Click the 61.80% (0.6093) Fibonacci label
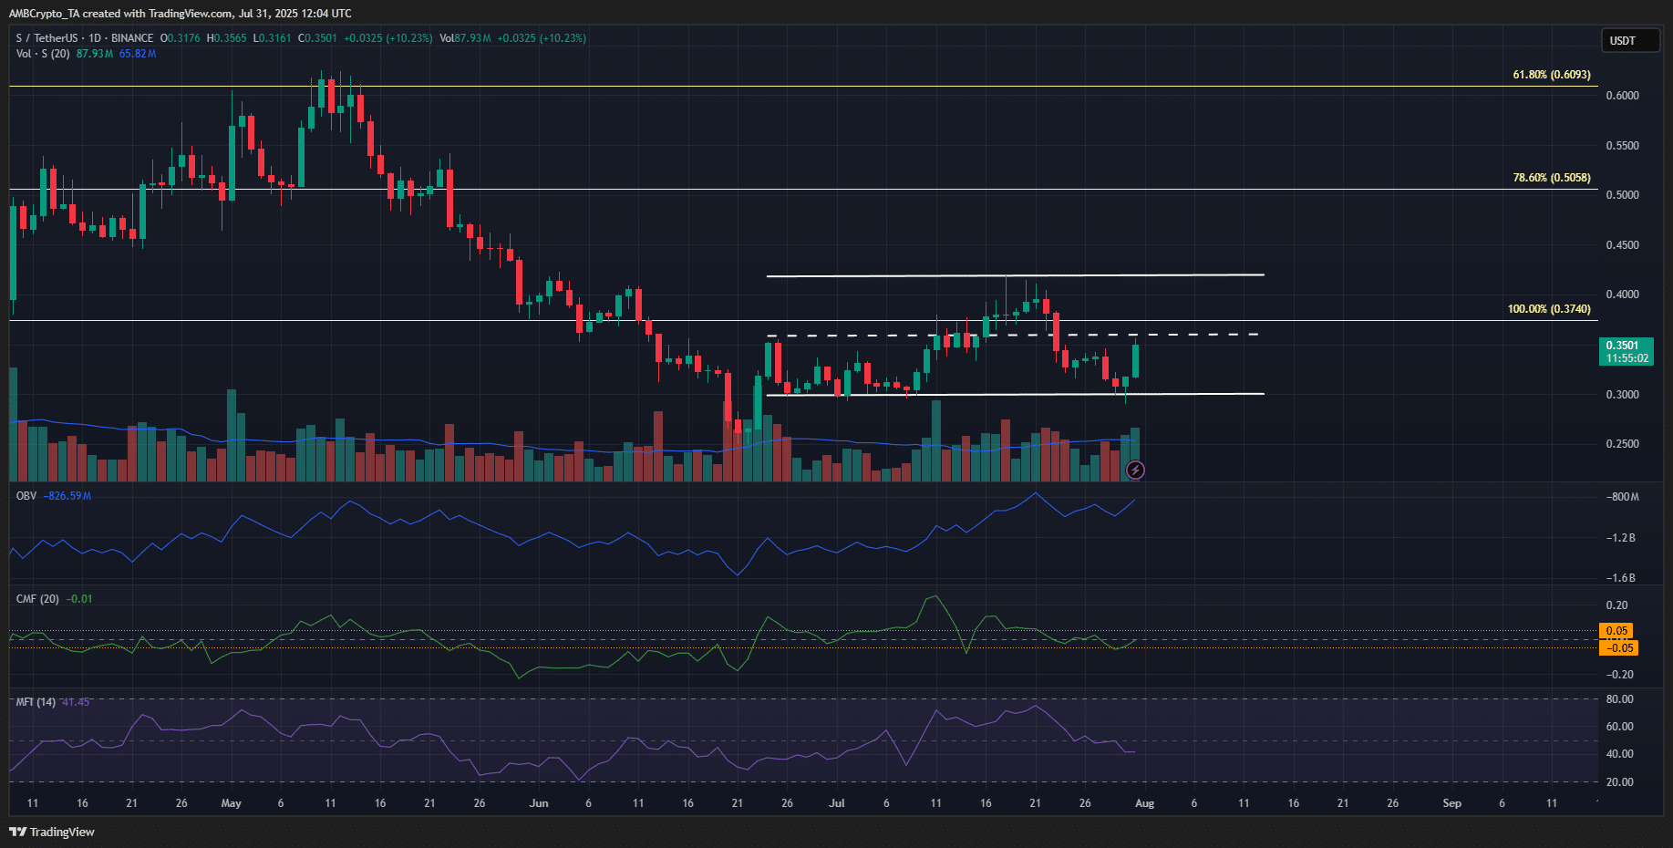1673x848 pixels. point(1551,75)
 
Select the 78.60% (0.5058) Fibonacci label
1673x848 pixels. point(1551,178)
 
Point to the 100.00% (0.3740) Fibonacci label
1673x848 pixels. point(1548,309)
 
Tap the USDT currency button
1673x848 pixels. point(1629,41)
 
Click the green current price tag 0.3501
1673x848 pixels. point(1626,351)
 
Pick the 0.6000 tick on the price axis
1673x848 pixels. point(1622,96)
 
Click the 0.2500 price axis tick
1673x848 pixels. point(1622,444)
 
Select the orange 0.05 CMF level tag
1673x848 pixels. point(1616,631)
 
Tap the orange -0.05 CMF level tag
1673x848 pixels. point(1618,648)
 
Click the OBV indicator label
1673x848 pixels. point(26,496)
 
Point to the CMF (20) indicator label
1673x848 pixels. point(37,599)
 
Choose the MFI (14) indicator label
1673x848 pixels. point(36,702)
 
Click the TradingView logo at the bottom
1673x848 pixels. point(52,832)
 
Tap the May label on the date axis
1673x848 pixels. point(231,803)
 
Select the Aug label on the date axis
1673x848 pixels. point(1144,803)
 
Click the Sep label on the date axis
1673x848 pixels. point(1451,803)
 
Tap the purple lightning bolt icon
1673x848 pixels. point(1135,471)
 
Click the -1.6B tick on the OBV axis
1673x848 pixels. point(1622,578)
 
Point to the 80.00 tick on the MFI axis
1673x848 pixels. point(1619,699)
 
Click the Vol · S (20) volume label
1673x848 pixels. point(43,54)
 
